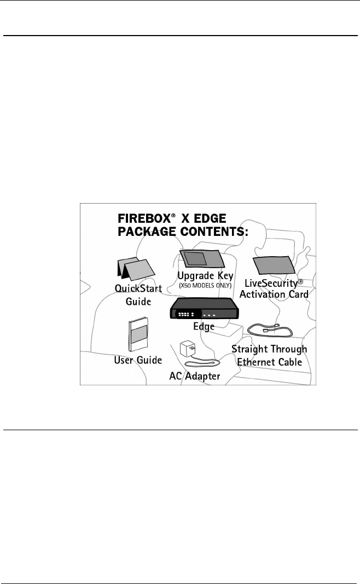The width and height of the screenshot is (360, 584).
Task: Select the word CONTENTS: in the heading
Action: (213, 232)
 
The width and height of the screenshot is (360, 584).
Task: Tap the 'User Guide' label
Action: (138, 360)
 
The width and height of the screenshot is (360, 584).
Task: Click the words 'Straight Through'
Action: (269, 350)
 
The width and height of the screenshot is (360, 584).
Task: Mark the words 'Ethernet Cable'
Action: (269, 361)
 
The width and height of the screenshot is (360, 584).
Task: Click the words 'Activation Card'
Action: (277, 294)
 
